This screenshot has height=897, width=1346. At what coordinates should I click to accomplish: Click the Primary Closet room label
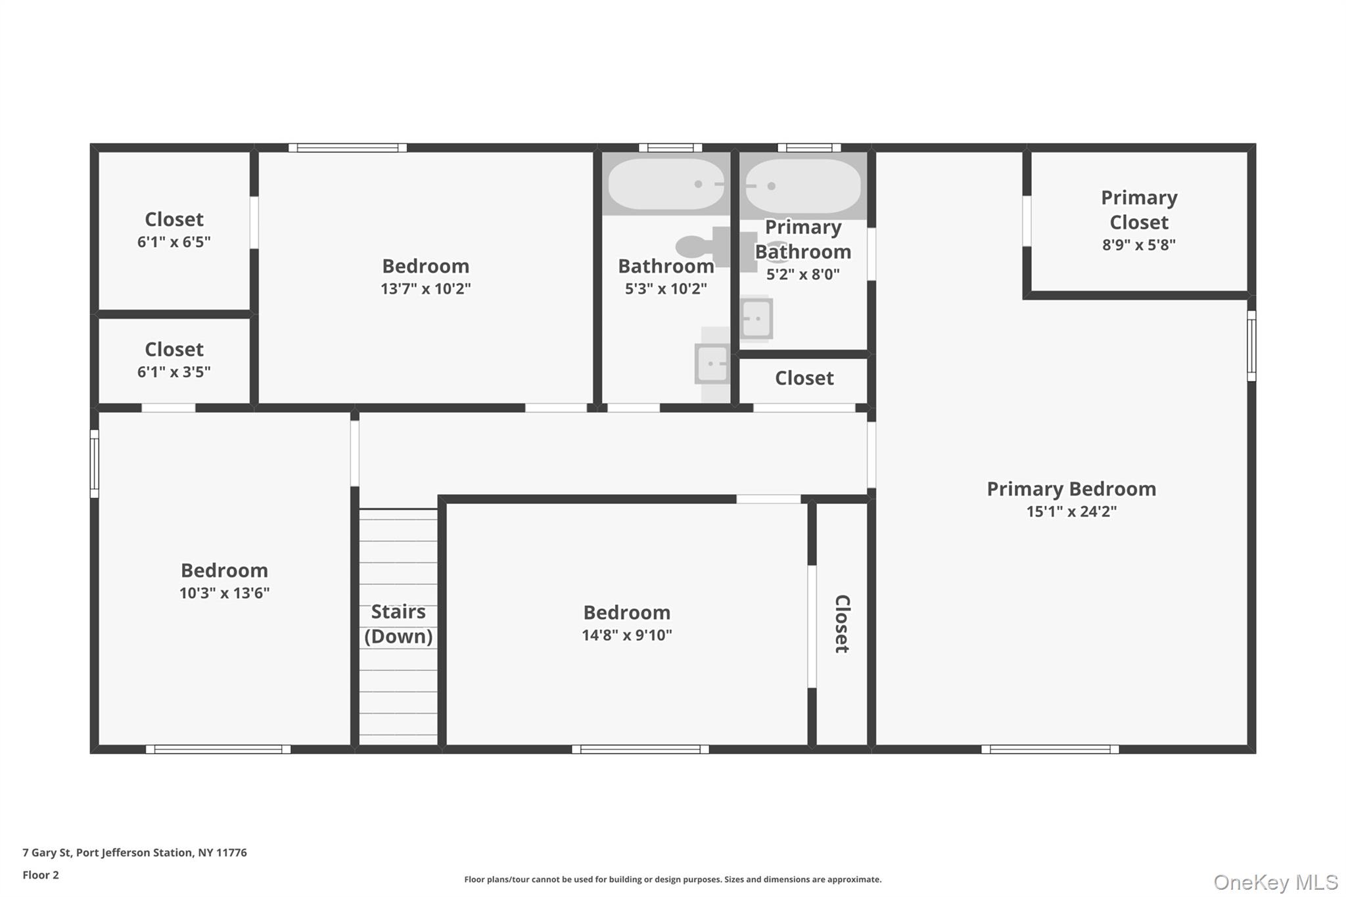coord(1139,210)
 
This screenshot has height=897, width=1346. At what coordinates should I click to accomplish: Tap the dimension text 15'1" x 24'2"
coord(1071,511)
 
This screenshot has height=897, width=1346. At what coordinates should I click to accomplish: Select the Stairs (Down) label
coord(398,624)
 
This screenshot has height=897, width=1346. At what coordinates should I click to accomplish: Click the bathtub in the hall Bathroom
coord(666,184)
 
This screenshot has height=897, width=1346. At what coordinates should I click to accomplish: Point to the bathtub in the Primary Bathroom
coord(802,186)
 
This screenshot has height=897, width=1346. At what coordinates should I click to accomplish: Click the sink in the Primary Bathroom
coord(756,319)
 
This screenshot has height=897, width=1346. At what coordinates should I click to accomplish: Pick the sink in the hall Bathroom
coord(712,363)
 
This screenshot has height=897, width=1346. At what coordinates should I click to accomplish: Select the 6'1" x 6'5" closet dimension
coord(174,242)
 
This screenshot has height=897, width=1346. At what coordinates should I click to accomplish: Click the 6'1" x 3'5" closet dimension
coord(174,372)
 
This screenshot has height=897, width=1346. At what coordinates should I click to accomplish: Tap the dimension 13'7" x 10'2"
coord(426,288)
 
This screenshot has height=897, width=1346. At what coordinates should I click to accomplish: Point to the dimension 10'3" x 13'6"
coord(225,593)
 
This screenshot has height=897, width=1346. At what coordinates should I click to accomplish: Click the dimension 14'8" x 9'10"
coord(627,635)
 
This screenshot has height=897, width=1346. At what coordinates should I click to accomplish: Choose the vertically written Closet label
coord(843,624)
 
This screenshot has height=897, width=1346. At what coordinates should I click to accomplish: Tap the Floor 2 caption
coord(41,875)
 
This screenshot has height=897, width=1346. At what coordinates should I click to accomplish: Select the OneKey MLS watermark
coord(1276,882)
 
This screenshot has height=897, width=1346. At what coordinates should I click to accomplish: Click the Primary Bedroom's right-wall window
coord(1251,346)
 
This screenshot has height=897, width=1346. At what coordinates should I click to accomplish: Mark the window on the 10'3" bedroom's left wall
coord(95,464)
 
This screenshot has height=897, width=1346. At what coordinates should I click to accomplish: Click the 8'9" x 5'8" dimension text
coord(1139,245)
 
